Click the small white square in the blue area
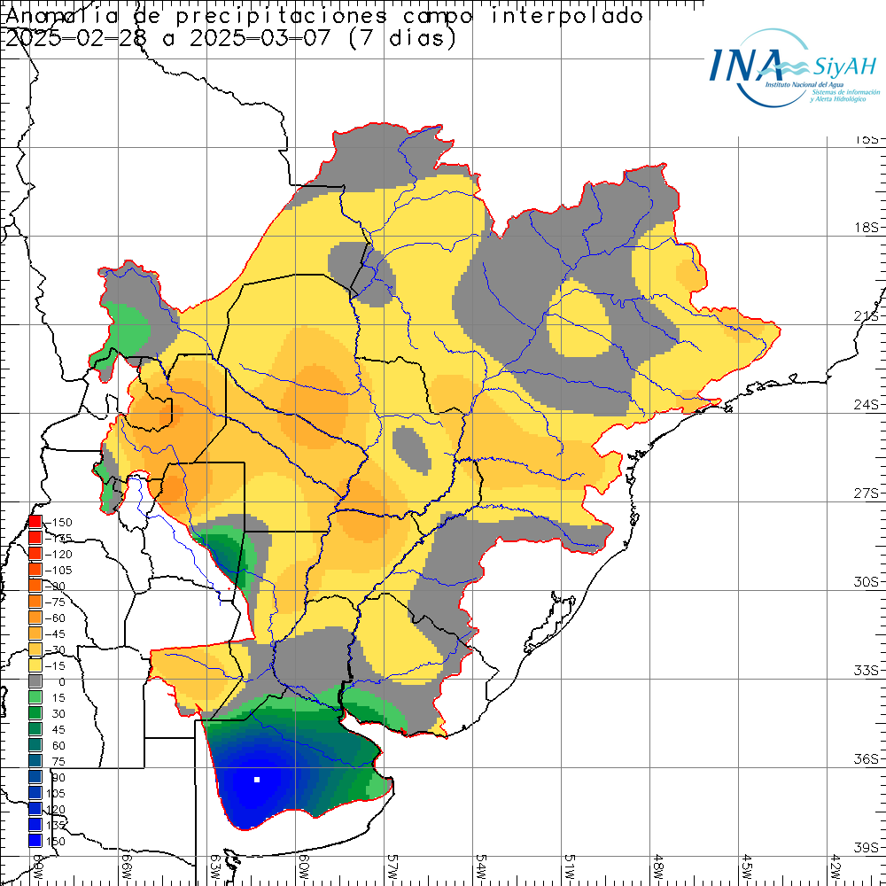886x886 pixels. coord(257,780)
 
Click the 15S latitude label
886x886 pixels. coord(866,140)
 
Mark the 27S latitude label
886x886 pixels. coord(866,494)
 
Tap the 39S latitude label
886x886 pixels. coord(866,848)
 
